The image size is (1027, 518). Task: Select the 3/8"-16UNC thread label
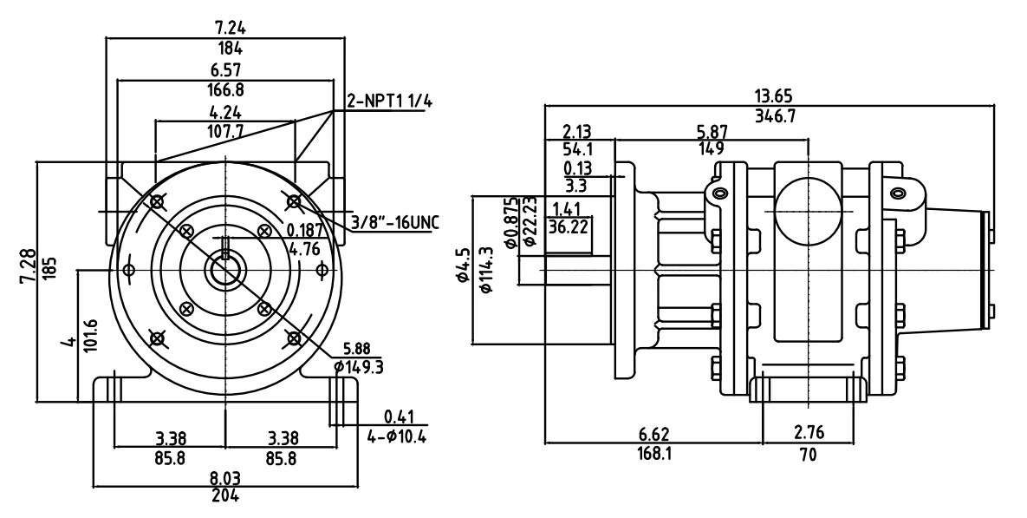394,222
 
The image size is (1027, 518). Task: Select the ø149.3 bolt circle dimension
360,365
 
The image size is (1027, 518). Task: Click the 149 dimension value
711,148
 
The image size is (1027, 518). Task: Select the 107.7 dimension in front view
224,132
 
